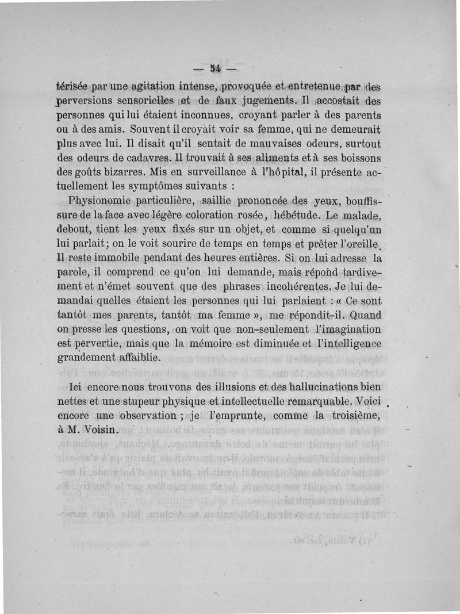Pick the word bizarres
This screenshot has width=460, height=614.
[x=119, y=172]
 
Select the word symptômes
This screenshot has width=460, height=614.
[x=158, y=186]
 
